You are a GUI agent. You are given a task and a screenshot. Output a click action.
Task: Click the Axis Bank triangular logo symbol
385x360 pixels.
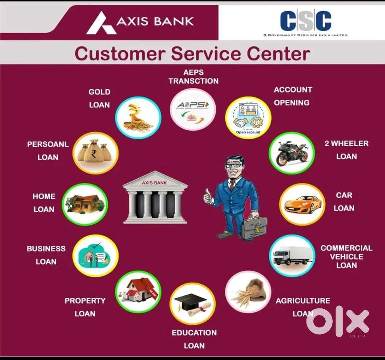[x=101, y=23]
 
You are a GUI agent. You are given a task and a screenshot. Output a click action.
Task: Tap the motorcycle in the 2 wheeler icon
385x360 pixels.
[x=291, y=153]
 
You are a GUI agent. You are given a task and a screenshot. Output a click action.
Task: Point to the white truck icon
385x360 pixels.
[x=292, y=255]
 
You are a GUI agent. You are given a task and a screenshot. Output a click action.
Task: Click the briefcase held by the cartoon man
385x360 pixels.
[x=254, y=229]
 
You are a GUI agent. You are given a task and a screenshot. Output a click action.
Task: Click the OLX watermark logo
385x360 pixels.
[x=337, y=322]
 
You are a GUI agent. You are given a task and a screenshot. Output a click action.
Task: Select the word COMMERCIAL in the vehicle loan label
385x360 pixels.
[x=346, y=248]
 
